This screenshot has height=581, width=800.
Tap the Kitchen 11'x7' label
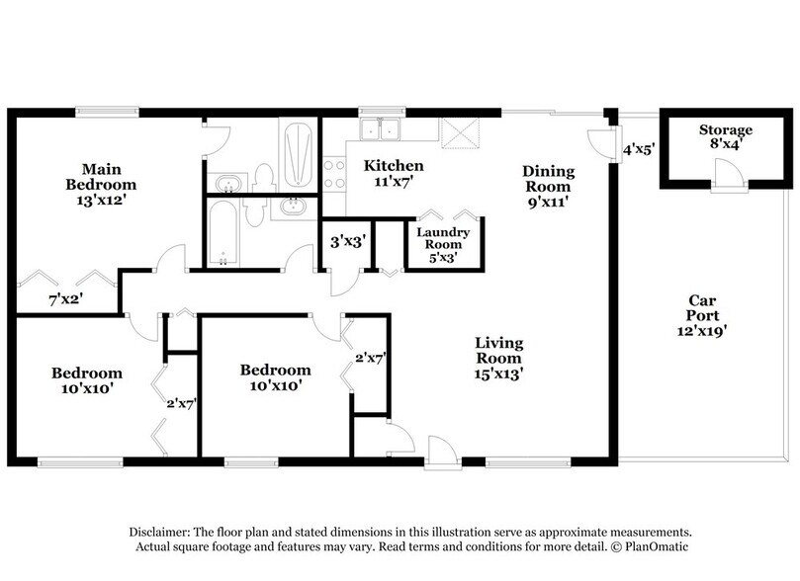[394, 173]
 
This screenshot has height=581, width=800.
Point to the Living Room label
[499, 358]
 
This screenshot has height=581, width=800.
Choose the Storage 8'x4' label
[726, 137]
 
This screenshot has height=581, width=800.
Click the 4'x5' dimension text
[639, 151]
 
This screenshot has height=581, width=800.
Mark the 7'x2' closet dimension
[67, 298]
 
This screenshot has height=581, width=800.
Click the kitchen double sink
[380, 129]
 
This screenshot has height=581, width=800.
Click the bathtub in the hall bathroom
[224, 233]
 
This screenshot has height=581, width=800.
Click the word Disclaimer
[164, 531]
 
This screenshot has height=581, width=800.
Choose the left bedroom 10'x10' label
[87, 380]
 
